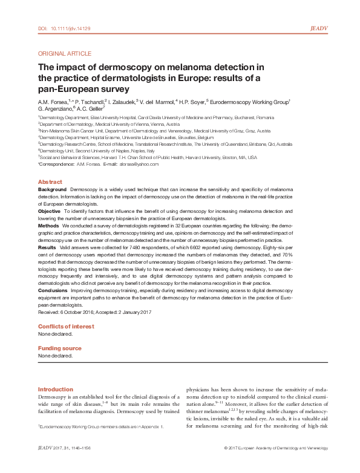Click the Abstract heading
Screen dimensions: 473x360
50,182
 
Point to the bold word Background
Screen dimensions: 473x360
52,190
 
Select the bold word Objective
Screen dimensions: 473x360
50,210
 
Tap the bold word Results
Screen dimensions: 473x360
47,248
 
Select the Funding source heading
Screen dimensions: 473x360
59,348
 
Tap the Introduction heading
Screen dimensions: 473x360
55,389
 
